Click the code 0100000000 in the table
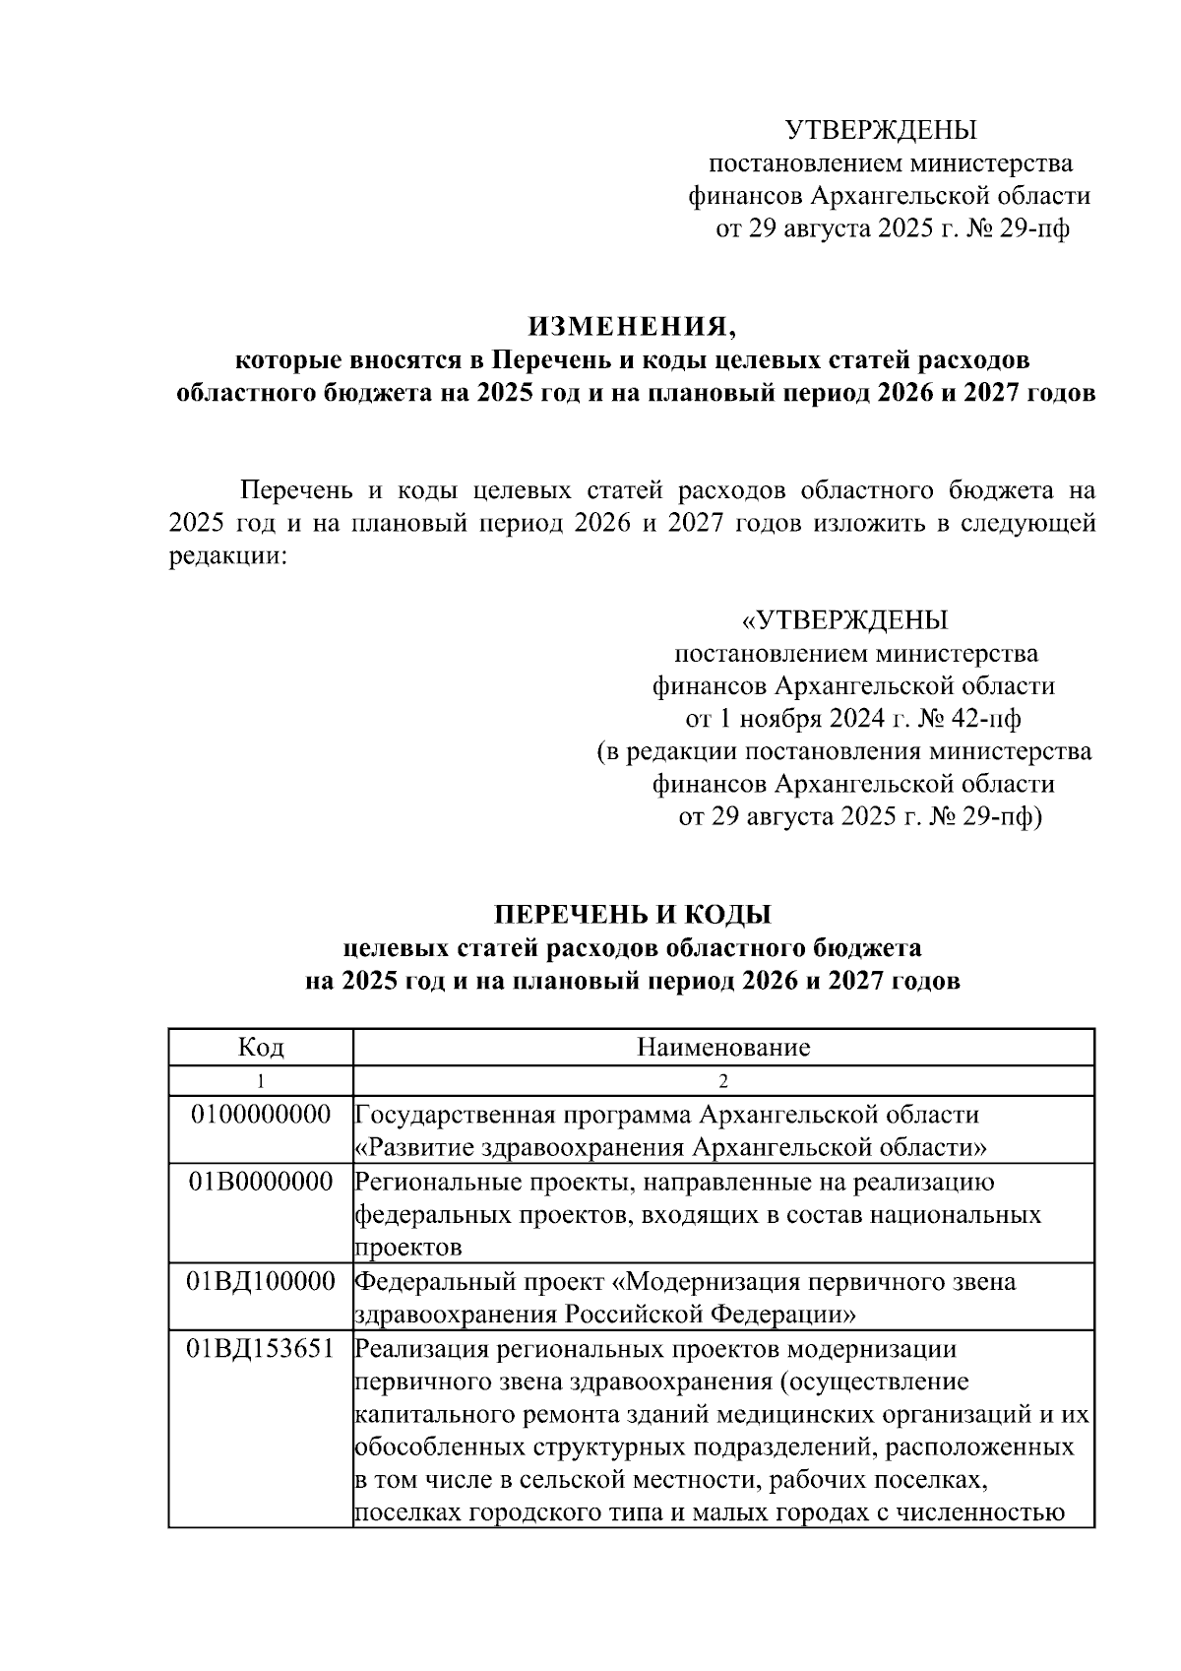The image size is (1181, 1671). pos(261,1115)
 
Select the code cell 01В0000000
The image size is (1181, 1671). pos(261,1182)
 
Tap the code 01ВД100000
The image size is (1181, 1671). pos(261,1282)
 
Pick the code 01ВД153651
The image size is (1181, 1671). pos(261,1348)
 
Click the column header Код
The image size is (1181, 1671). pos(261,1047)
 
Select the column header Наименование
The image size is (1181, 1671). pos(723,1047)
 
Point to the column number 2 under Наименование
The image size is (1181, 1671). pos(723,1081)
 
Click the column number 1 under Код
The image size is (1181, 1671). pos(261,1081)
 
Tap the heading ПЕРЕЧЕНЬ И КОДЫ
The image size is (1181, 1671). pos(632,915)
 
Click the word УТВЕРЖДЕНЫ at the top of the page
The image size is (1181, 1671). pos(881,130)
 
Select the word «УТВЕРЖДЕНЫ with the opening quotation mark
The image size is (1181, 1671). pos(844,620)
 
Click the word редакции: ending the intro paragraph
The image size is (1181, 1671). pos(228,556)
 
